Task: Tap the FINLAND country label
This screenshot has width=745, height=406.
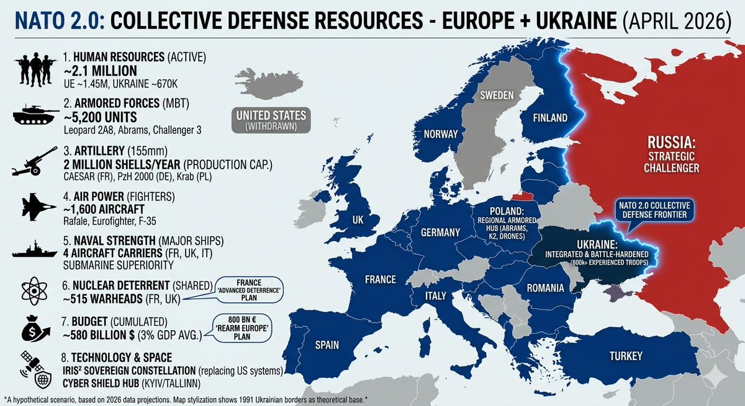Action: coord(549,118)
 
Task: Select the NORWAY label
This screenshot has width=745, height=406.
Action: coord(440,134)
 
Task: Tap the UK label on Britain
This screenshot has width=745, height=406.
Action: coord(358,221)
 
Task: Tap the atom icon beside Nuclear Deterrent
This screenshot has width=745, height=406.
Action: coord(31,292)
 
